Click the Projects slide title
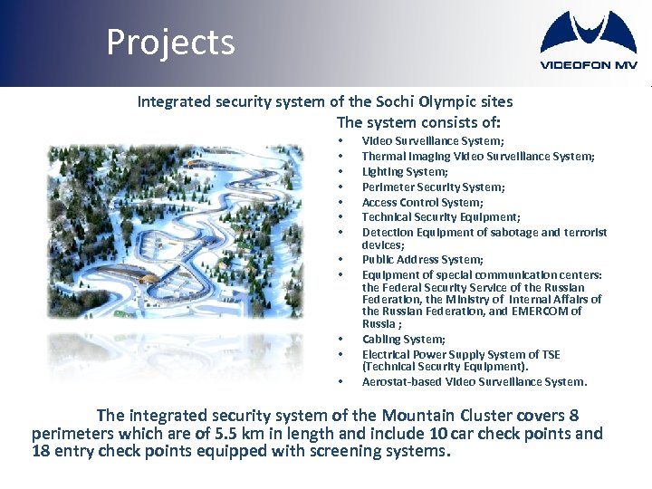[x=170, y=43]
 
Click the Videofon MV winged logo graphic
[x=588, y=34]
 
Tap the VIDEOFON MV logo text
[x=588, y=65]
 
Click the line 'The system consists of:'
[x=418, y=122]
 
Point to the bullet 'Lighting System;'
[x=405, y=171]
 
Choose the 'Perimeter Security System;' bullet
[x=433, y=187]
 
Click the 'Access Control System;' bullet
[x=422, y=202]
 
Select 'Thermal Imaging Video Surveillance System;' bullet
[x=478, y=156]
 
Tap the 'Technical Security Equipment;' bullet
[x=440, y=217]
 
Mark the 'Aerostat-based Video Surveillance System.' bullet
[x=475, y=381]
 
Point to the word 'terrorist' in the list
[x=584, y=233]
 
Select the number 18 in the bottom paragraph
[x=42, y=451]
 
